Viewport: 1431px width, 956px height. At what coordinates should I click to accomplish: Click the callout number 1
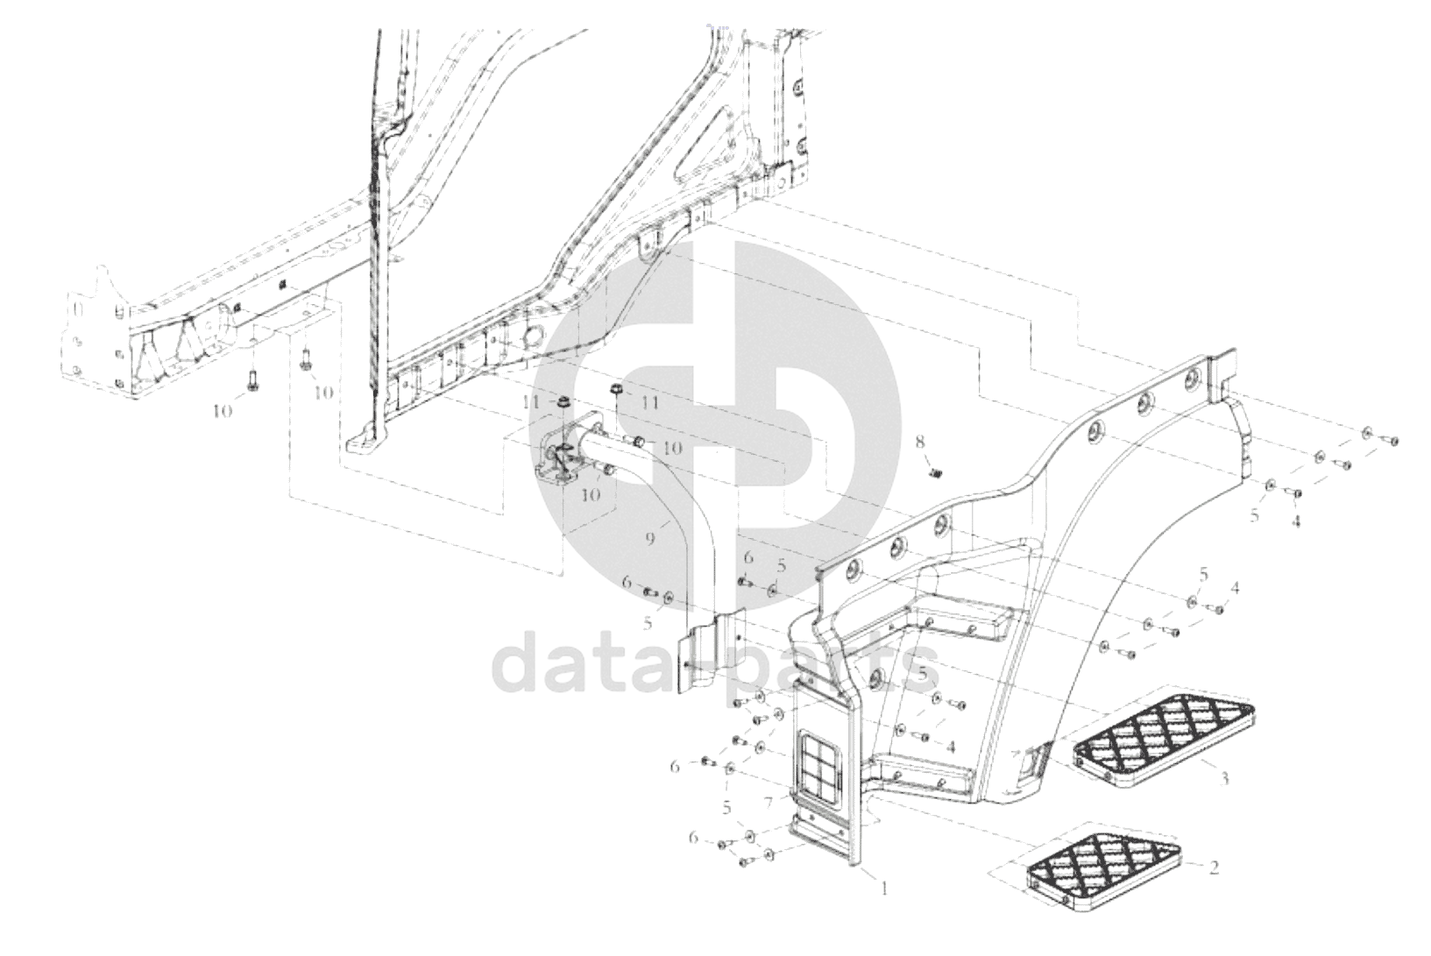click(x=884, y=888)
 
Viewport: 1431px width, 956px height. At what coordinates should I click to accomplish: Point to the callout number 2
click(x=1214, y=867)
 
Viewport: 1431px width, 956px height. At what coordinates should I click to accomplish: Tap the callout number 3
click(x=1224, y=778)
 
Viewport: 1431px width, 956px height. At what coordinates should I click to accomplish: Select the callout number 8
click(x=920, y=442)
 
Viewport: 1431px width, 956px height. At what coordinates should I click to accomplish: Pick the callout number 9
click(x=650, y=539)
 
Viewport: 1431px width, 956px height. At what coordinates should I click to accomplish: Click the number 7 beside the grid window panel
click(x=769, y=801)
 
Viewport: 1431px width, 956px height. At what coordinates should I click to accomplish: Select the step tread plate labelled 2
click(x=1104, y=870)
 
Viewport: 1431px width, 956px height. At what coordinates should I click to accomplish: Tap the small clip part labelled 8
click(x=935, y=472)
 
